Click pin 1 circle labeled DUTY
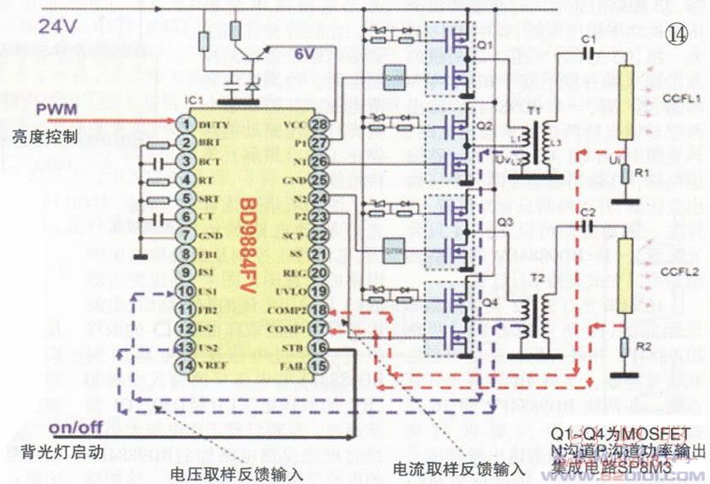pyautogui.click(x=184, y=124)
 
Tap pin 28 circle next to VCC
pyautogui.click(x=319, y=124)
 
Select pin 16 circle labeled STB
pyautogui.click(x=319, y=347)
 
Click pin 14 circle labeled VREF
pyautogui.click(x=184, y=366)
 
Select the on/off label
pyautogui.click(x=75, y=427)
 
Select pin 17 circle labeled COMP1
pyautogui.click(x=319, y=329)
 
